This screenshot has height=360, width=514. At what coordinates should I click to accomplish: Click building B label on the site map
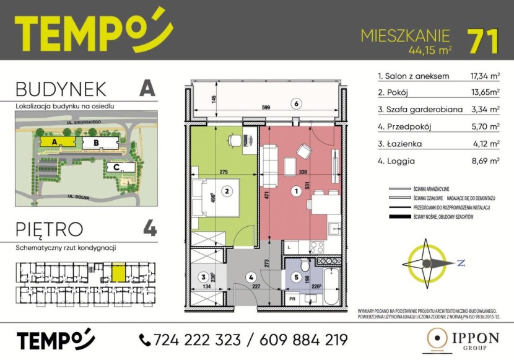pyautogui.click(x=95, y=143)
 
